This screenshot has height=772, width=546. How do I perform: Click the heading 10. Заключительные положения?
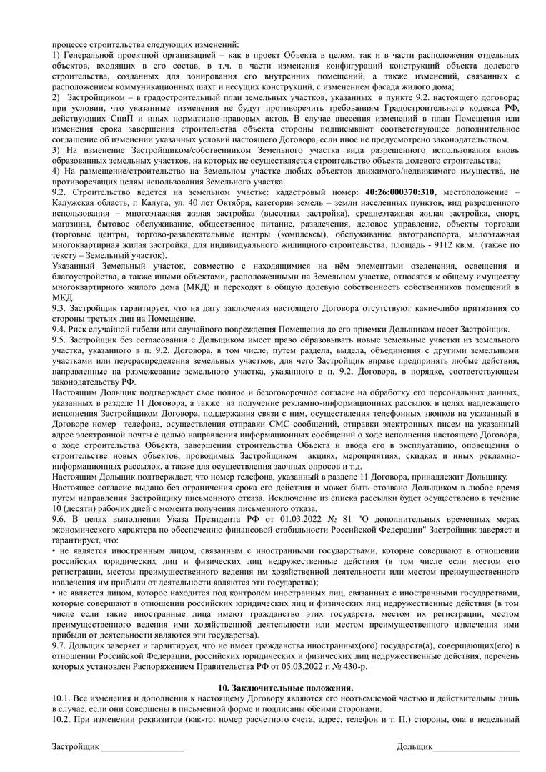click(273, 687)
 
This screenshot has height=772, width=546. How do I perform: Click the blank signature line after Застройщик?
click(142, 748)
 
